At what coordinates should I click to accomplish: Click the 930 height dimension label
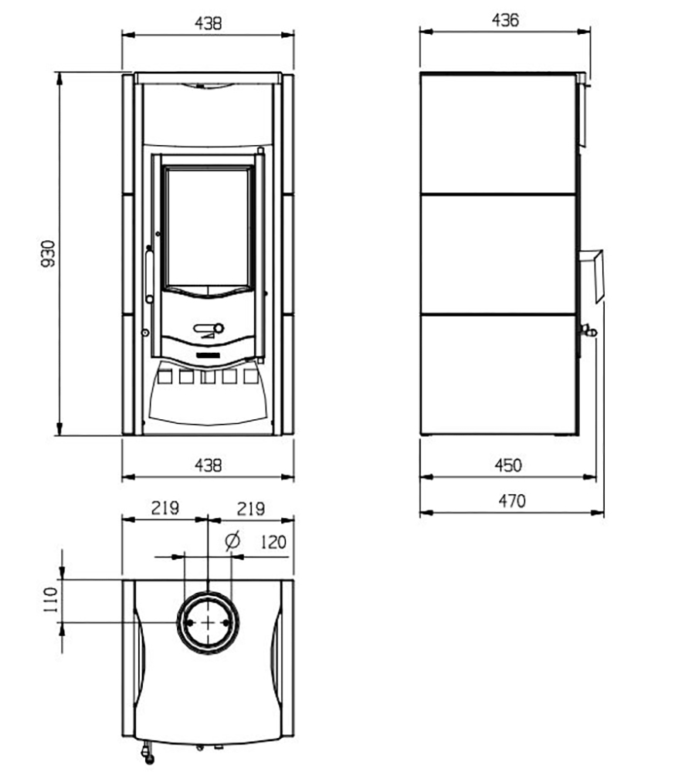tap(48, 253)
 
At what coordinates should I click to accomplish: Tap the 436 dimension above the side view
tap(506, 20)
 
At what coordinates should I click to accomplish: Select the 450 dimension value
tap(508, 466)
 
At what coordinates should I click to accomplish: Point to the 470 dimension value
tap(512, 501)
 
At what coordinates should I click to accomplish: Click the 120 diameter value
tap(273, 542)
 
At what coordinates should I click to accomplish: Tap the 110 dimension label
tap(51, 600)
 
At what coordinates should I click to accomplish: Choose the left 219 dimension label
tap(165, 508)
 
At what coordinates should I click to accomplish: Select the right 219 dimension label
tap(251, 509)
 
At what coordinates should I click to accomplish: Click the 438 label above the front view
tap(209, 23)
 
